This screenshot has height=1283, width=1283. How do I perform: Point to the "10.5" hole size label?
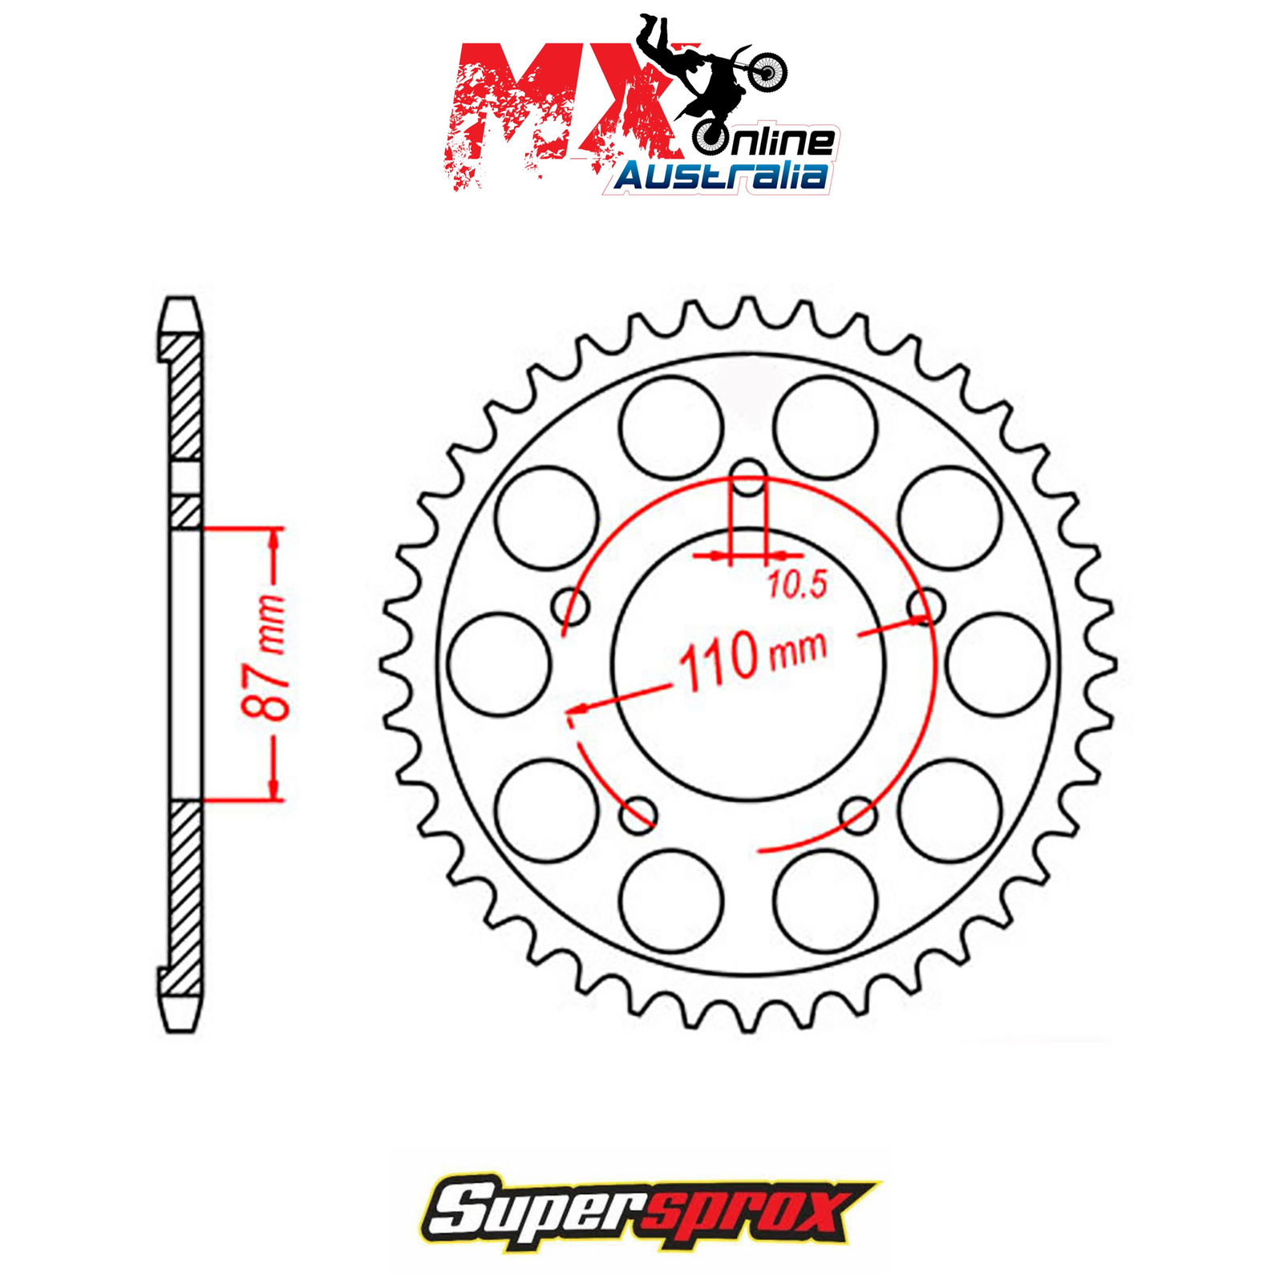(797, 585)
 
